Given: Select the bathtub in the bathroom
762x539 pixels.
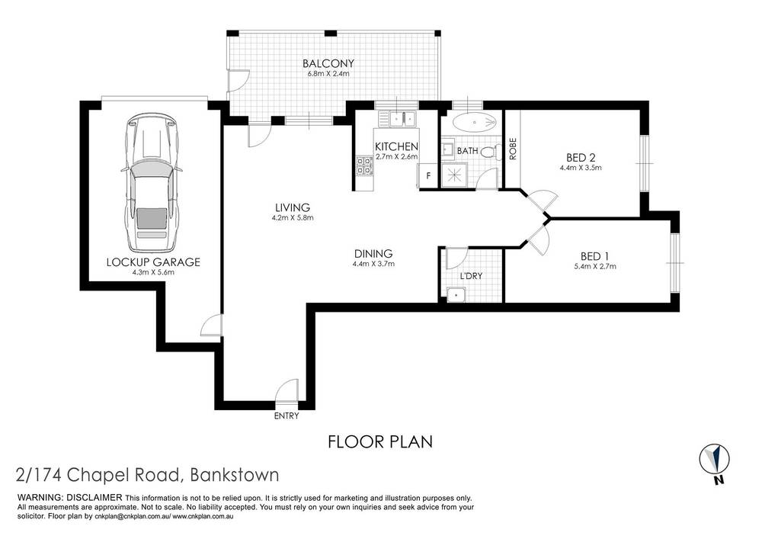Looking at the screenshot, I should point(473,122).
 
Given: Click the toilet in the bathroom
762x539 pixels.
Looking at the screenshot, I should point(489,151).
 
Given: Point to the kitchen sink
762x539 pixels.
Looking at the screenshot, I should point(400,118).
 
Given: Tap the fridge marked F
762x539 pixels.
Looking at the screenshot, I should point(428,176).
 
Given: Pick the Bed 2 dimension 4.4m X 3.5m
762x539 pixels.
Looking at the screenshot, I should point(581,168).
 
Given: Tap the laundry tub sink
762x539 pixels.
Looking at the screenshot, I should point(456,294).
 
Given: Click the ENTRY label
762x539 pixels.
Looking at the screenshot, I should point(287,416).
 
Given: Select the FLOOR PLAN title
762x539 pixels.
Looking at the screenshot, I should point(379,441).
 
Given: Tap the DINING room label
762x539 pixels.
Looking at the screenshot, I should point(373,254).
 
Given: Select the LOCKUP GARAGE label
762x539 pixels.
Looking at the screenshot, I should point(155,261).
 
